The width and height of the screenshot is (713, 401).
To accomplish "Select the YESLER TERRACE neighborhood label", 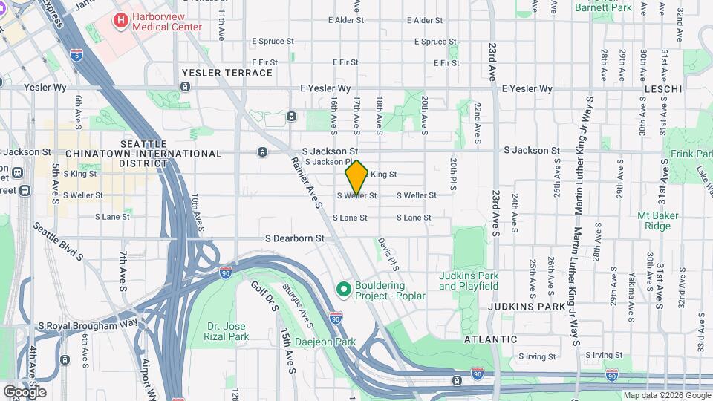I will click(227, 73).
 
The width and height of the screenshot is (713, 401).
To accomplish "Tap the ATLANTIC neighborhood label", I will click(490, 339).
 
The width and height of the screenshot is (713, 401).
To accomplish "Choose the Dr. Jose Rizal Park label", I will click(227, 330).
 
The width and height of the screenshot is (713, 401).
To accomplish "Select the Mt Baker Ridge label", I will click(658, 221).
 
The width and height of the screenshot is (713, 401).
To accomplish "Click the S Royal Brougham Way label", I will click(88, 325).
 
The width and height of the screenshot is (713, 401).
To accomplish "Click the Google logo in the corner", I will click(25, 391).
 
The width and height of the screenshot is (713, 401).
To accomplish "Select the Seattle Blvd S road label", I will click(58, 242).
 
